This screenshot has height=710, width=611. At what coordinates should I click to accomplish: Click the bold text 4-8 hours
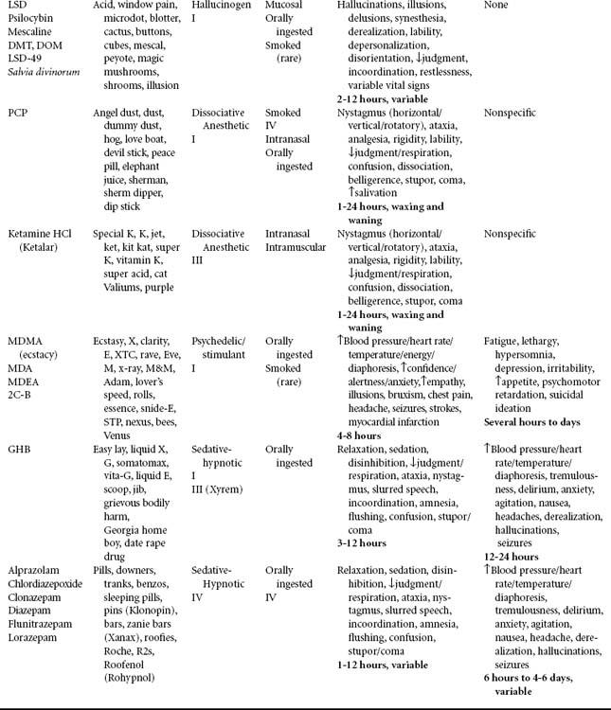point(359,435)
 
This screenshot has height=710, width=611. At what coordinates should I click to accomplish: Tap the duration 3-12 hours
point(362,543)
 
